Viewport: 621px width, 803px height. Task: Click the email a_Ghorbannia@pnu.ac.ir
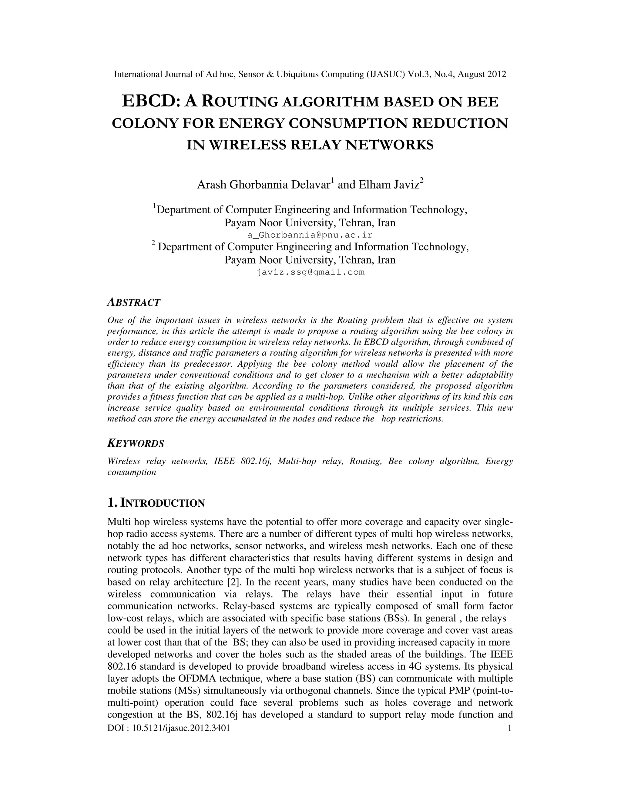(x=310, y=235)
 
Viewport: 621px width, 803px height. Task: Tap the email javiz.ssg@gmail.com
(x=310, y=272)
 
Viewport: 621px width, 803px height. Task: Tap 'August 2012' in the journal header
(x=482, y=74)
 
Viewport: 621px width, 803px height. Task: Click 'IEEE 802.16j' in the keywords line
(x=243, y=461)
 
